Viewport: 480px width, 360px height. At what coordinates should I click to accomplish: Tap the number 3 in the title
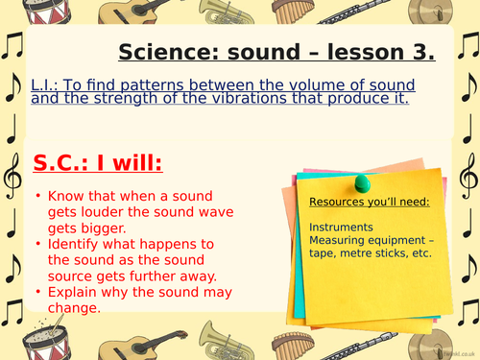[x=421, y=52]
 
